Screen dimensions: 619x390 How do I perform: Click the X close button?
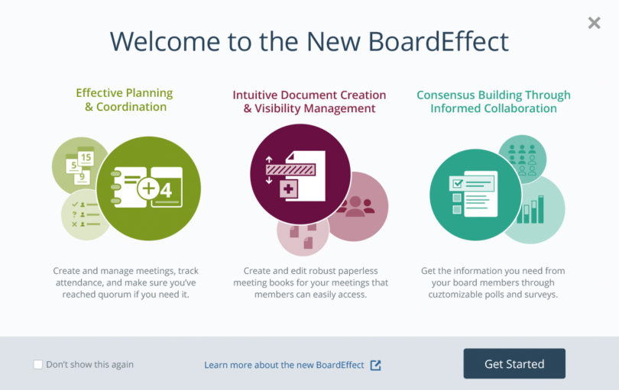coord(594,23)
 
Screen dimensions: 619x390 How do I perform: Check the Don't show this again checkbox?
coord(38,364)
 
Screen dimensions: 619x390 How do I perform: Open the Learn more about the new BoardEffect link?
coord(284,365)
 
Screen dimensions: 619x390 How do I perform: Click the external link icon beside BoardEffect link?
coord(375,365)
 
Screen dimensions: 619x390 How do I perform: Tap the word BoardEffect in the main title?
coord(439,41)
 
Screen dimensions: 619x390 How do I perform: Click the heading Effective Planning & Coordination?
coord(125,100)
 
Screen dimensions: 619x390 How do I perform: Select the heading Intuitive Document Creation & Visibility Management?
coord(309,102)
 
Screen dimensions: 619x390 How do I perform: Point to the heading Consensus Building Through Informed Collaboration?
coord(494,102)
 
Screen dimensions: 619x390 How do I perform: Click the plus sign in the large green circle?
coord(148,188)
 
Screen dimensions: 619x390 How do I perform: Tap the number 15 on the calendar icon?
coord(86,158)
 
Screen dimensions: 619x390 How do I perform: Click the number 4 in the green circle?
coord(166,191)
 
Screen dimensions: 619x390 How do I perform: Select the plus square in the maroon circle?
coord(289,189)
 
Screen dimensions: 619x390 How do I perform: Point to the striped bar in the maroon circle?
coord(290,170)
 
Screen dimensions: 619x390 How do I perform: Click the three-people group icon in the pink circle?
coord(355,206)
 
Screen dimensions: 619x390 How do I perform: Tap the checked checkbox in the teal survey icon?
coord(458,183)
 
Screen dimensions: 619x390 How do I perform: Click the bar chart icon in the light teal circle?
coord(530,209)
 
